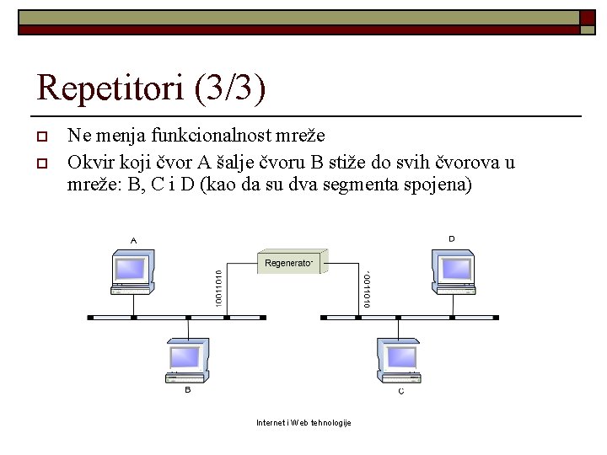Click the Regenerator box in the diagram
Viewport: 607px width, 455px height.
tap(291, 263)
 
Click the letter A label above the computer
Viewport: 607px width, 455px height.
tap(133, 240)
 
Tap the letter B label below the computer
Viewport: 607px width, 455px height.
tap(187, 390)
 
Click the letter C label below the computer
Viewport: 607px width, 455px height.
tap(400, 391)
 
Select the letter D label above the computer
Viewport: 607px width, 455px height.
tap(452, 238)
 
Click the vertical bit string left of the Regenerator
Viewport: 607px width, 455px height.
tap(218, 287)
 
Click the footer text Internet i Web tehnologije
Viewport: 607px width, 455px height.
tap(303, 422)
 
